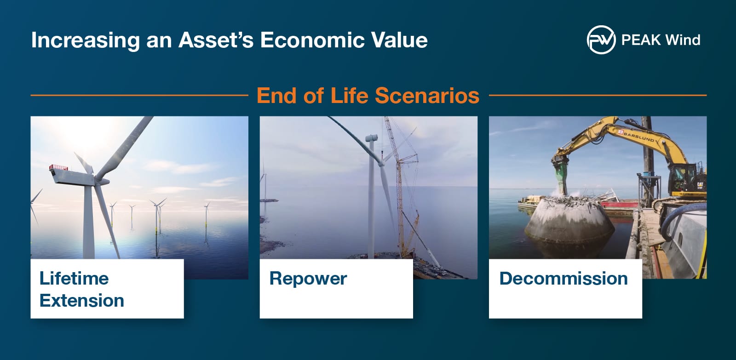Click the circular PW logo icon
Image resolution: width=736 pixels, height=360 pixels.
(601, 40)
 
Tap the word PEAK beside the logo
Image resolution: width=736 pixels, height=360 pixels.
(641, 40)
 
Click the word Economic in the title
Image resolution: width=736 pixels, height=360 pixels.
(312, 40)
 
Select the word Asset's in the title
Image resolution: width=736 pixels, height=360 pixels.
(216, 40)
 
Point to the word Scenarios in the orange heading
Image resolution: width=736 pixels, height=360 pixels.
(427, 96)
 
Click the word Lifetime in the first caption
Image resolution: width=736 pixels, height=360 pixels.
(74, 279)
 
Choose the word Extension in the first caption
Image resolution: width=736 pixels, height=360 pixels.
(82, 301)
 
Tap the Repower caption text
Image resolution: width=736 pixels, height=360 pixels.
(308, 279)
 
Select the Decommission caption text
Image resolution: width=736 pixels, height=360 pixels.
(563, 279)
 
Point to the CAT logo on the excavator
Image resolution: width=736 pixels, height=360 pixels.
(701, 185)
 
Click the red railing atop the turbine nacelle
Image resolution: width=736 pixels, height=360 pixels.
(58, 167)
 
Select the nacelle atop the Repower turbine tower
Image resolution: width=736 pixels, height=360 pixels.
(371, 138)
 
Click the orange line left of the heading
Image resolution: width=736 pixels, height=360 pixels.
(139, 96)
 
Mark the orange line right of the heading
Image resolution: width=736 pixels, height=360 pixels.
(598, 96)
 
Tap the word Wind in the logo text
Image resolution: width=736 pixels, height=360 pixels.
(683, 40)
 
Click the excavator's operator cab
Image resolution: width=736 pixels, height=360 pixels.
(685, 179)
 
